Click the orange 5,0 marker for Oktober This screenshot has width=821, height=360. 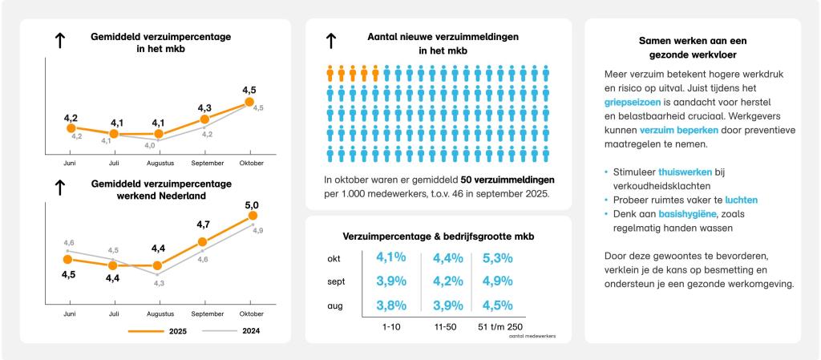point(253,216)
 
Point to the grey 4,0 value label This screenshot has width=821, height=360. point(150,146)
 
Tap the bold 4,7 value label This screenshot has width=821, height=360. point(204,225)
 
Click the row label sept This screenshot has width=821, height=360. point(336,282)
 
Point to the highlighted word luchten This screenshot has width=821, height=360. point(741,200)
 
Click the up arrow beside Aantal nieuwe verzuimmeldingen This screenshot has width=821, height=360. point(331,42)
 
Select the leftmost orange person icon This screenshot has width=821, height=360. point(330,74)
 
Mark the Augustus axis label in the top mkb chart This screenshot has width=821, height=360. point(159,162)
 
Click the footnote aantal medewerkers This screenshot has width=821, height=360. point(532,336)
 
